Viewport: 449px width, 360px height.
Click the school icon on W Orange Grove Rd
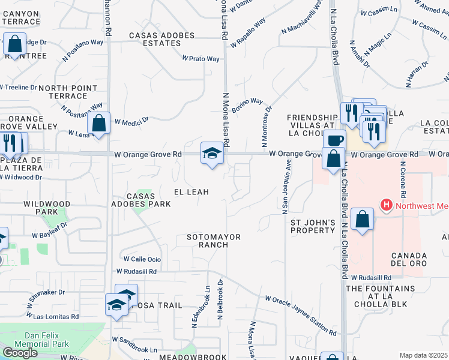212,153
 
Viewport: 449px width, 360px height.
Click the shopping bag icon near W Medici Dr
98,124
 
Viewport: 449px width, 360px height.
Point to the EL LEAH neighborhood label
191,192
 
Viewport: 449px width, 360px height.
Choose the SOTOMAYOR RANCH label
213,241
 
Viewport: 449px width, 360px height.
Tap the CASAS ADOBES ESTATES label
162,40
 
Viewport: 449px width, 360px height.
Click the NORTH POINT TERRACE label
67,92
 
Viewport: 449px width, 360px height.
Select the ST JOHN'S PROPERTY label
313,226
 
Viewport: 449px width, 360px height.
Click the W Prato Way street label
201,59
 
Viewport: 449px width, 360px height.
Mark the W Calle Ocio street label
142,259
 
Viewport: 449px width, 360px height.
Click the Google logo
20,353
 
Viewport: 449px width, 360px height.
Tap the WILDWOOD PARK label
47,208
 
